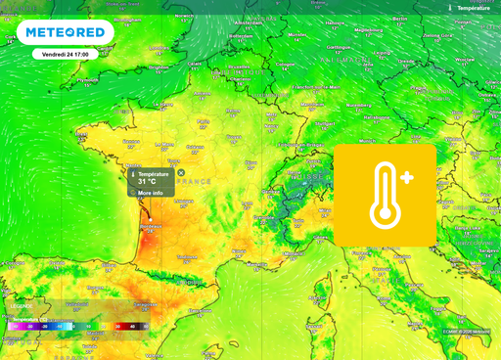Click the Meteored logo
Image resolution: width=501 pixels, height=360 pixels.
click(66, 32)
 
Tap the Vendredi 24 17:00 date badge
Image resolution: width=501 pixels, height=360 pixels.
click(69, 55)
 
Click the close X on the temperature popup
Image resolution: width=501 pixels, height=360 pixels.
click(180, 173)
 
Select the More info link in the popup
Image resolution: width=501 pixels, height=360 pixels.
click(150, 194)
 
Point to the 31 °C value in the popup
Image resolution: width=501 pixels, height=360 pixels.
click(148, 182)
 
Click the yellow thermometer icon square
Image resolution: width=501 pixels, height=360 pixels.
click(386, 195)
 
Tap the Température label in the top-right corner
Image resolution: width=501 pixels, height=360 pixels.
click(471, 8)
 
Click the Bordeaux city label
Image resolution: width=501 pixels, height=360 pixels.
click(149, 227)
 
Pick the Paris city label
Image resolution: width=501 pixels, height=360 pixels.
click(204, 122)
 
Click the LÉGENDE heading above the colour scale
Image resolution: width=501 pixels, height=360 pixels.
click(21, 307)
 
